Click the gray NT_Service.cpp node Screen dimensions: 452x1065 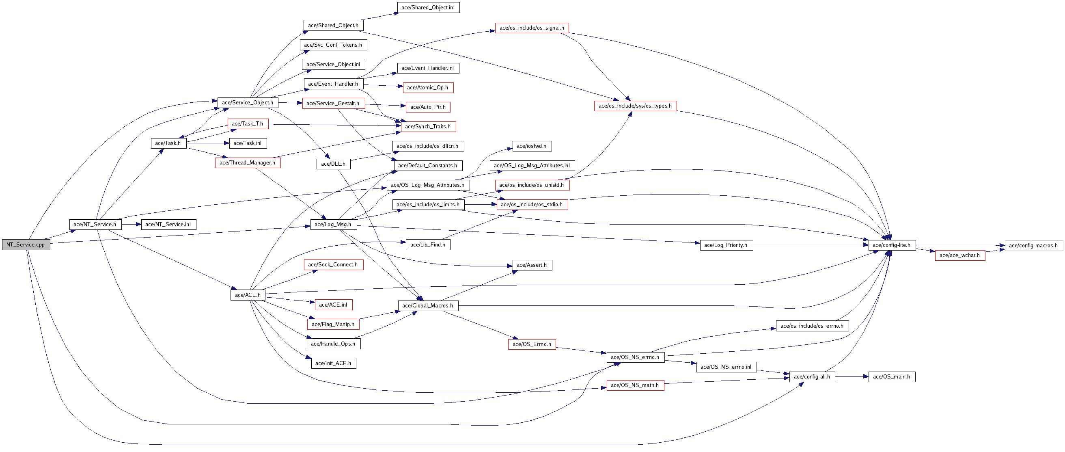[26, 244]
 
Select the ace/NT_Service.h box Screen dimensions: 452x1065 [95, 224]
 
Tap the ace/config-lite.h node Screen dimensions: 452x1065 [892, 245]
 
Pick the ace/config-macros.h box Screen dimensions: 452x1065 [1033, 245]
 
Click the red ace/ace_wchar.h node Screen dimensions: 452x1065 [959, 255]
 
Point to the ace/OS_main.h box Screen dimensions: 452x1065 [891, 376]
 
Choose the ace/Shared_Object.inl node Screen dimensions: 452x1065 [428, 7]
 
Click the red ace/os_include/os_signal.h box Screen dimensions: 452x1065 [532, 28]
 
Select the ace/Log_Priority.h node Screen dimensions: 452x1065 [726, 245]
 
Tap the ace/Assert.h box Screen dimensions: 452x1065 [532, 265]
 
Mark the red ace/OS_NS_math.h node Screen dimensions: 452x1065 [635, 385]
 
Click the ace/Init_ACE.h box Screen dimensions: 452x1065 [333, 363]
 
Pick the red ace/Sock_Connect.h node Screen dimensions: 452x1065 [333, 264]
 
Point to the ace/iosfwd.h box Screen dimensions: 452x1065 [532, 146]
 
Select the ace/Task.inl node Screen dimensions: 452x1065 [248, 143]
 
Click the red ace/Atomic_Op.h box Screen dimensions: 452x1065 [428, 87]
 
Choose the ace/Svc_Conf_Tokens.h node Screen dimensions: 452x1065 [333, 45]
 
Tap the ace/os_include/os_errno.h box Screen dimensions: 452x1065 [812, 326]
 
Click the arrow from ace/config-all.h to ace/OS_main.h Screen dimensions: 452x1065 [852, 377]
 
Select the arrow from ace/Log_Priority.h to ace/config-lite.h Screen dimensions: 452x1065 [811, 245]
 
